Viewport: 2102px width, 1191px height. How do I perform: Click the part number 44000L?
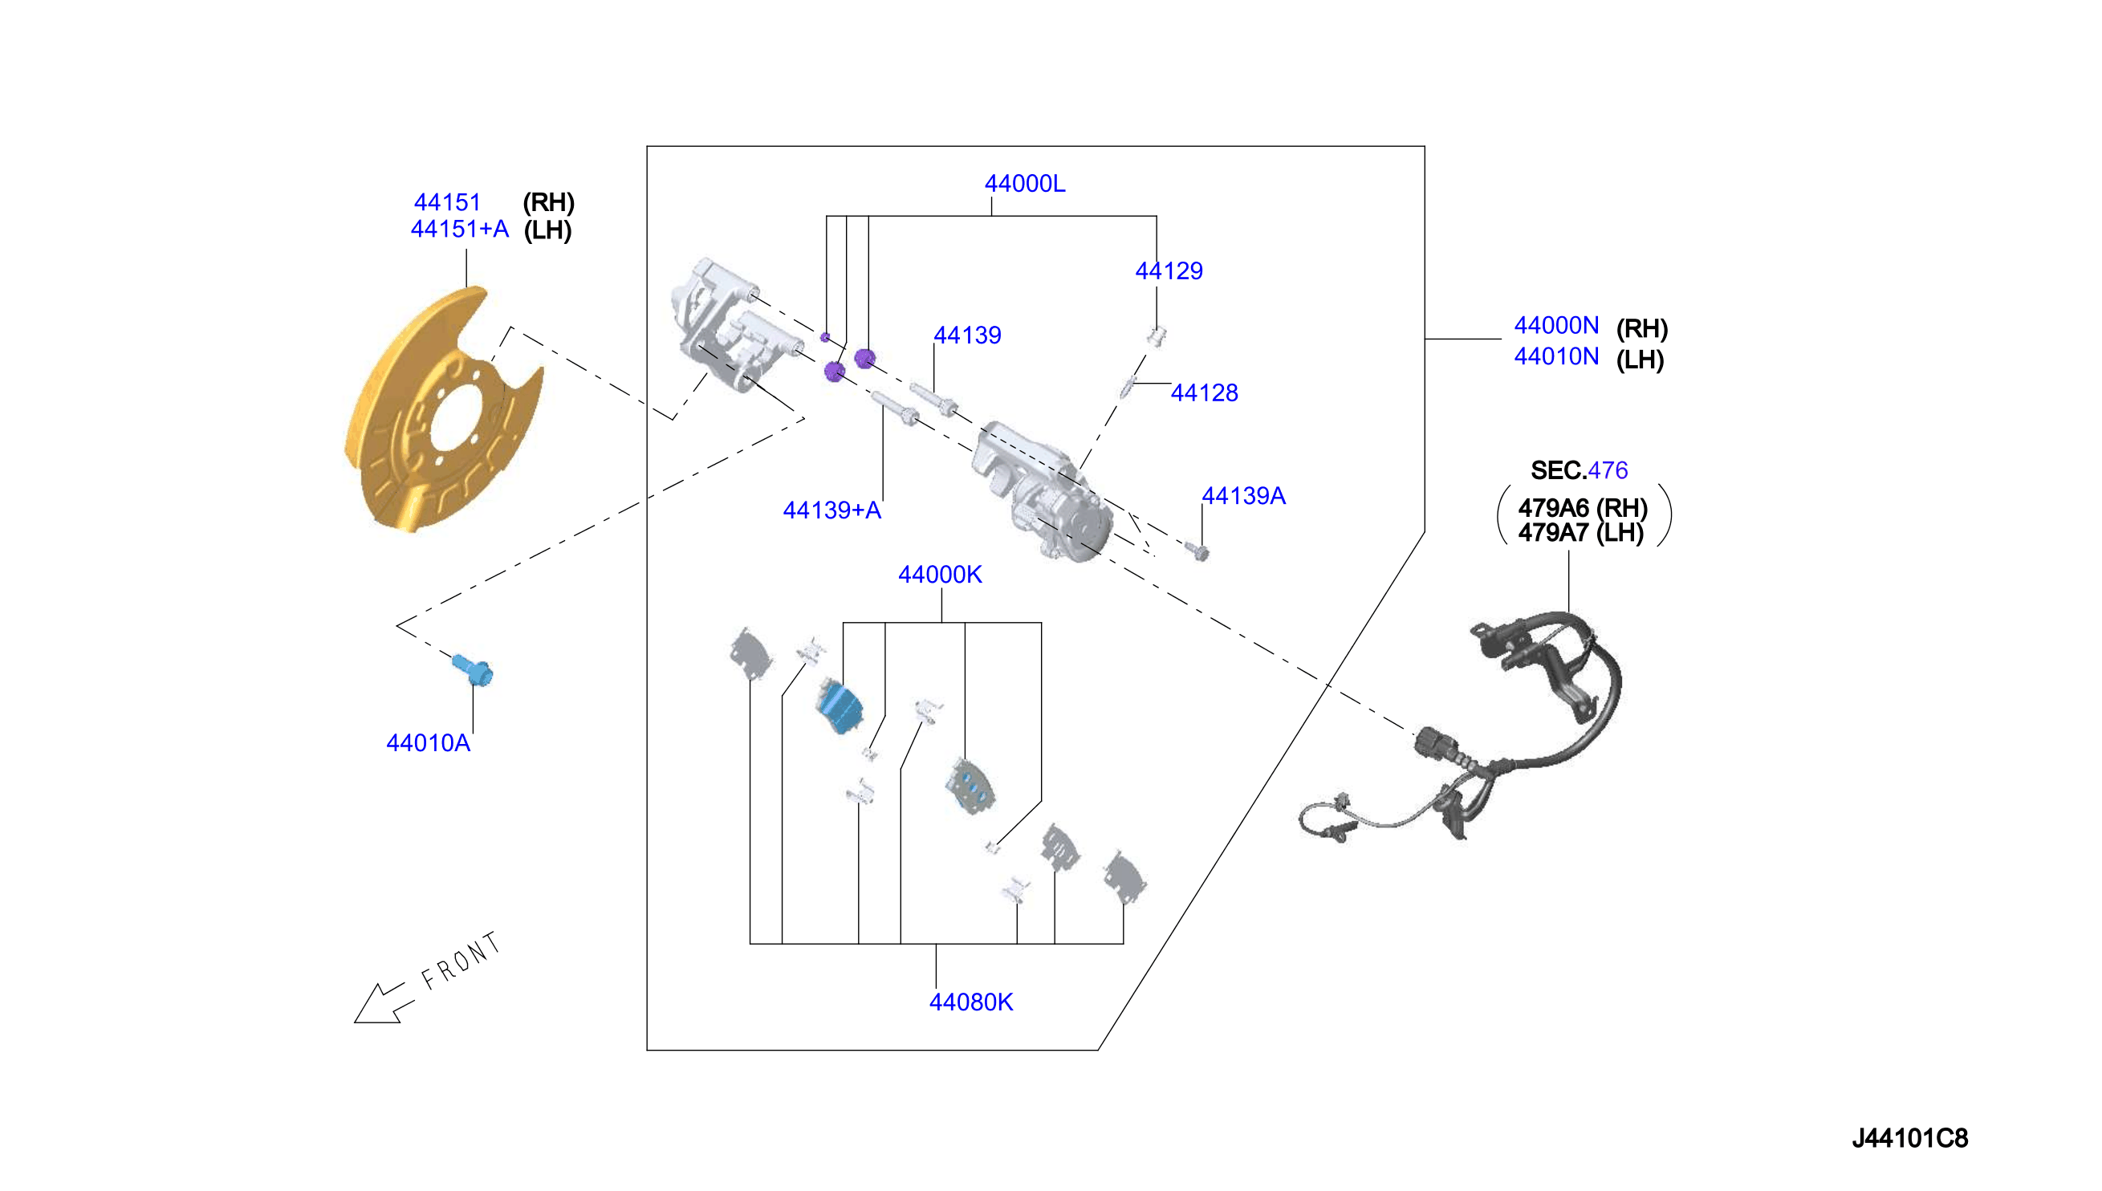(1024, 184)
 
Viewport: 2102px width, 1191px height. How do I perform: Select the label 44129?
(1169, 270)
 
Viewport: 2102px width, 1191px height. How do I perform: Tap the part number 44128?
(1204, 392)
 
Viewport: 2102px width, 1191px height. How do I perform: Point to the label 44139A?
(1243, 496)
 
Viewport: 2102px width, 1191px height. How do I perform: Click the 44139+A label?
(831, 510)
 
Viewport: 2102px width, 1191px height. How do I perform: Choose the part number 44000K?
(940, 575)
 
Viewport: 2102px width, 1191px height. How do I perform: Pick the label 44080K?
(971, 1002)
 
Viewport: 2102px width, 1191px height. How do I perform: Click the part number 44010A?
(428, 742)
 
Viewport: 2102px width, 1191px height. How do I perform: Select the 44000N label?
(1556, 326)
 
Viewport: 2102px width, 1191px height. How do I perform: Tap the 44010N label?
(1556, 356)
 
